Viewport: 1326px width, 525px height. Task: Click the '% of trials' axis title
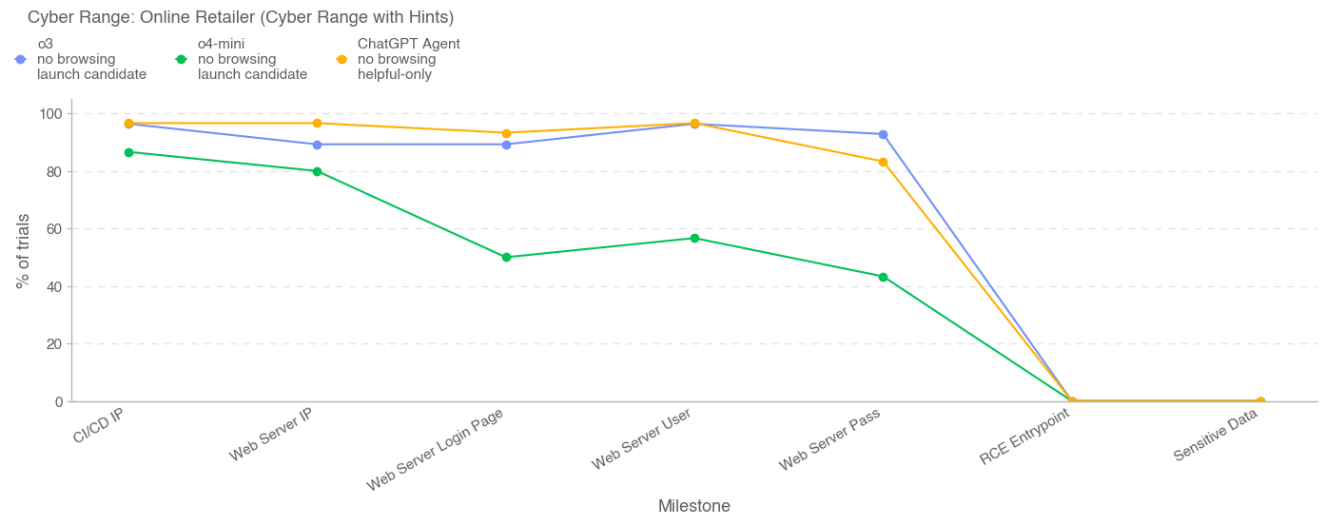click(x=23, y=251)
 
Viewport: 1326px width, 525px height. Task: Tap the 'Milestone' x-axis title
click(x=694, y=506)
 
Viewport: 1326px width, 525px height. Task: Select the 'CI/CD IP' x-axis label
click(x=99, y=424)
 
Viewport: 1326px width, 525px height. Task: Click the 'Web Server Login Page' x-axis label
click(x=435, y=450)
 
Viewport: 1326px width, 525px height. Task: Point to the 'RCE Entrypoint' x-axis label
click(x=1024, y=437)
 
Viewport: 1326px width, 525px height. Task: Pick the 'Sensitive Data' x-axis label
click(x=1215, y=436)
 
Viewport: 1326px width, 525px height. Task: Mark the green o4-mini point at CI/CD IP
click(x=128, y=152)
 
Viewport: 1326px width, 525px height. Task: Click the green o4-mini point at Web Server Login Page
click(x=506, y=257)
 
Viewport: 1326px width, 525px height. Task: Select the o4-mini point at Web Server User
click(x=694, y=238)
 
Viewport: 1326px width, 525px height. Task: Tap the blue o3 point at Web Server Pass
click(x=883, y=134)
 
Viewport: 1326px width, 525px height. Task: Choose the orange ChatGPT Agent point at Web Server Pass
click(x=883, y=162)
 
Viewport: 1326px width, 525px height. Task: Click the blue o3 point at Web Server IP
click(x=317, y=145)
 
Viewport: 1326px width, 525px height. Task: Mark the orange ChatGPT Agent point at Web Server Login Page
click(x=506, y=133)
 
